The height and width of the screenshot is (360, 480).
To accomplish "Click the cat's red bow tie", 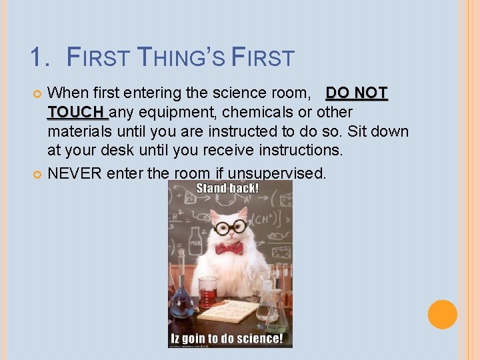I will [x=229, y=248].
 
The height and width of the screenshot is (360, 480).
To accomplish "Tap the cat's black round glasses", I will [x=230, y=227].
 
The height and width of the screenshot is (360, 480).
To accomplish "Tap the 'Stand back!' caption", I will [x=227, y=188].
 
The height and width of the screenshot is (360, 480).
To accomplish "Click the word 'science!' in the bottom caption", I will [x=260, y=339].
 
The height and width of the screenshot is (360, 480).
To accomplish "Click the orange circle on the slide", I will [x=443, y=315].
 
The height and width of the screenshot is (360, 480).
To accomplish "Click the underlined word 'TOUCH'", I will [x=76, y=111].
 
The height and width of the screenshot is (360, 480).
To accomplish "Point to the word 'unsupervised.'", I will [x=277, y=173].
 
